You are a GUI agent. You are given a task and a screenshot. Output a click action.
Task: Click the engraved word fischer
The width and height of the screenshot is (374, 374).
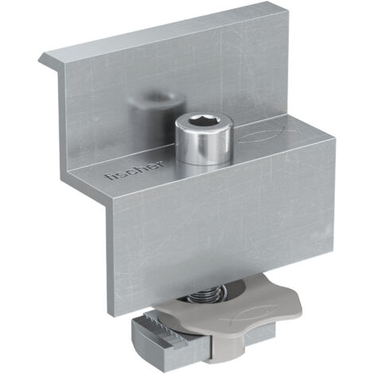click(x=134, y=169)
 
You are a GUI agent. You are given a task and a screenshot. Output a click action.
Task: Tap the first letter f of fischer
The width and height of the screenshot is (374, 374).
click(x=109, y=176)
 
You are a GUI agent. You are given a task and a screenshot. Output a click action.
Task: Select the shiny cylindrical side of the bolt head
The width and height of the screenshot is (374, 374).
click(x=203, y=145)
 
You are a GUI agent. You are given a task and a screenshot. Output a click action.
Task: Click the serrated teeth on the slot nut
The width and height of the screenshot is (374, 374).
click(x=166, y=329)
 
